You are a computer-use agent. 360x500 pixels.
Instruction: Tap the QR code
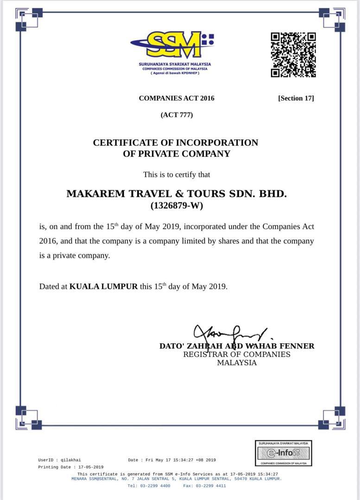[x=293, y=55]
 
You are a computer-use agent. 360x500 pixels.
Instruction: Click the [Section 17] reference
[x=296, y=98]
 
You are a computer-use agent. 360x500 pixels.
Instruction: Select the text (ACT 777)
[x=177, y=115]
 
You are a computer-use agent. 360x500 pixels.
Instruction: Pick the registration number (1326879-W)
[x=177, y=206]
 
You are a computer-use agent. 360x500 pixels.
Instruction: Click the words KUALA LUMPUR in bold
[x=103, y=286]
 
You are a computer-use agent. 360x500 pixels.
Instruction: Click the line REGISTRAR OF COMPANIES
[x=237, y=354]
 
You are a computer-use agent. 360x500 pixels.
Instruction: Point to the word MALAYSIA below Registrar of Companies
[x=237, y=363]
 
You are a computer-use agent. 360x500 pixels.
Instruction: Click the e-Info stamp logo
[x=284, y=453]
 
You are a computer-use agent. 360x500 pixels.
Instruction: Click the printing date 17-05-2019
[x=91, y=467]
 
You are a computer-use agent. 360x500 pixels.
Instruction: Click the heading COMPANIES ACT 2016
[x=177, y=98]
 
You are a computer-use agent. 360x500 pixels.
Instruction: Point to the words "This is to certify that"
[x=177, y=175]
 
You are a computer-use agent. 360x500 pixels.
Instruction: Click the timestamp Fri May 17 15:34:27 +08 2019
[x=181, y=460]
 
